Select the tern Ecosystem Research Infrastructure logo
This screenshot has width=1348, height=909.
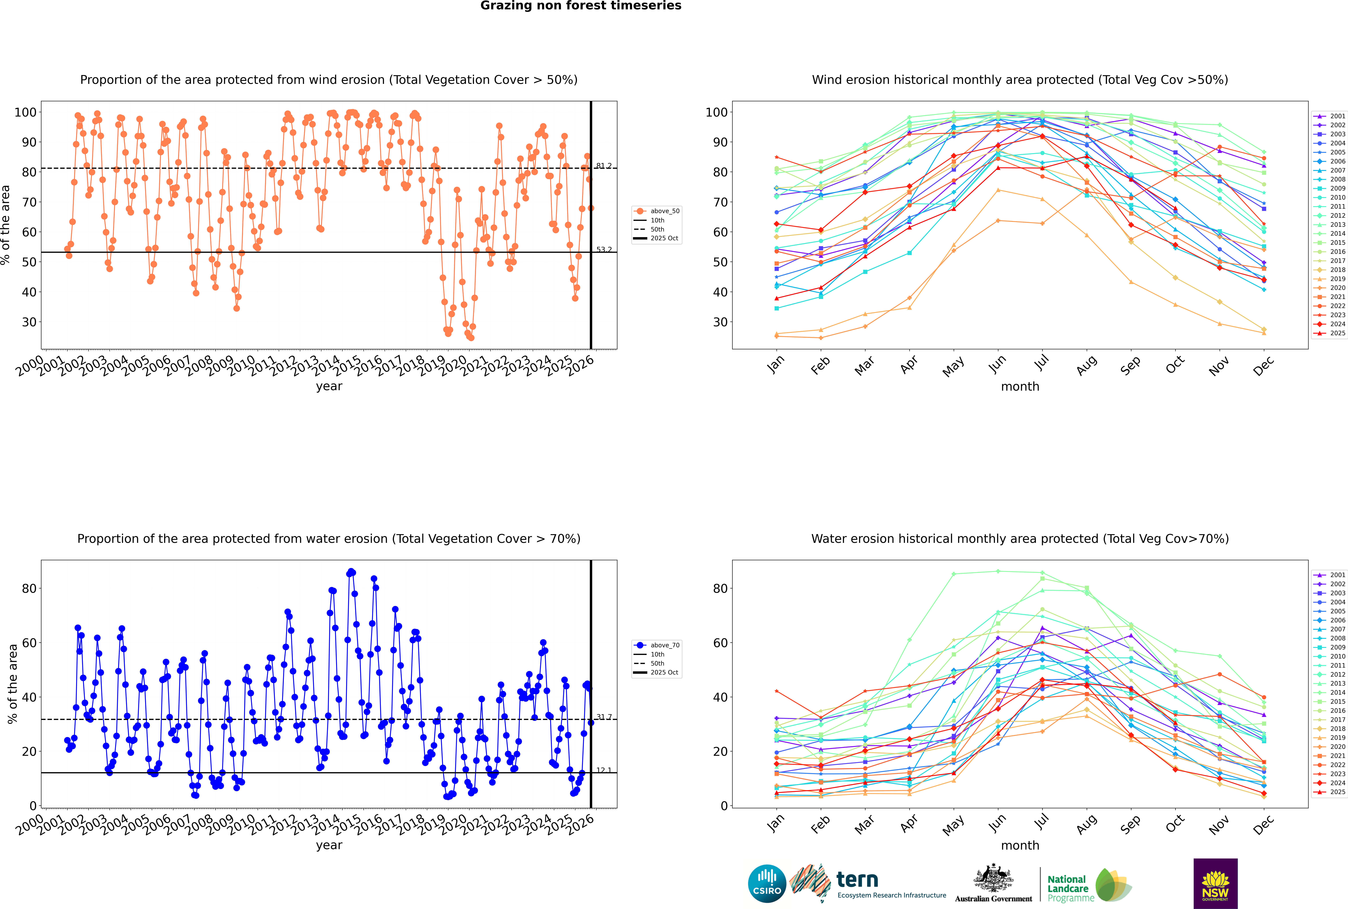tap(869, 884)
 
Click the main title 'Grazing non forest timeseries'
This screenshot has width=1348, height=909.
tap(581, 6)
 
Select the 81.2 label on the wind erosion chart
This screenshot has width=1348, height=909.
tap(604, 166)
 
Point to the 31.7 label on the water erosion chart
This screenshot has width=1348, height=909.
tap(604, 717)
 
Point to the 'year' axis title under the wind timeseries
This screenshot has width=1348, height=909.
tap(329, 386)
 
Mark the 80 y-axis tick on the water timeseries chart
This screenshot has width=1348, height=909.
tap(29, 588)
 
